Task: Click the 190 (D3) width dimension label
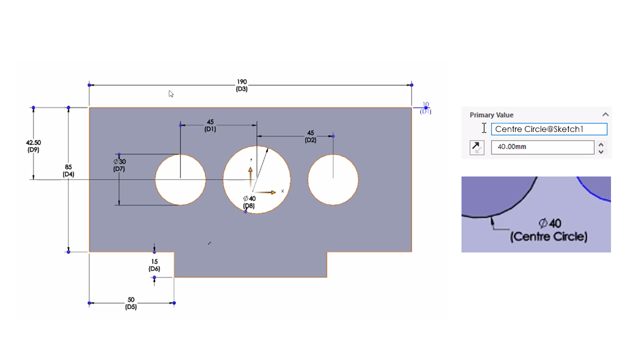pyautogui.click(x=241, y=85)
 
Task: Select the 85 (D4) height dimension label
pyautogui.click(x=68, y=170)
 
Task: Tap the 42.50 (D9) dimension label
pyautogui.click(x=33, y=145)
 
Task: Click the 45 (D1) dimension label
pyautogui.click(x=210, y=125)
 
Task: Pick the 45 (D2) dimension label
pyautogui.click(x=310, y=136)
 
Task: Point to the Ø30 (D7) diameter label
pyautogui.click(x=119, y=165)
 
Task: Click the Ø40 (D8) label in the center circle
pyautogui.click(x=249, y=202)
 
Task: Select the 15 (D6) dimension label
pyautogui.click(x=154, y=265)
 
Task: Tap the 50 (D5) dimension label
pyautogui.click(x=131, y=303)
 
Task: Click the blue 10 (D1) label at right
pyautogui.click(x=425, y=108)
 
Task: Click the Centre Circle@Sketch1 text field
pyautogui.click(x=548, y=129)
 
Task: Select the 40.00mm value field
pyautogui.click(x=542, y=147)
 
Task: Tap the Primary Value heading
pyautogui.click(x=491, y=115)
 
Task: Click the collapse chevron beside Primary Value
pyautogui.click(x=605, y=114)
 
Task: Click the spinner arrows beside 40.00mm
pyautogui.click(x=601, y=147)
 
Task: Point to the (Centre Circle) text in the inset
pyautogui.click(x=548, y=236)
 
